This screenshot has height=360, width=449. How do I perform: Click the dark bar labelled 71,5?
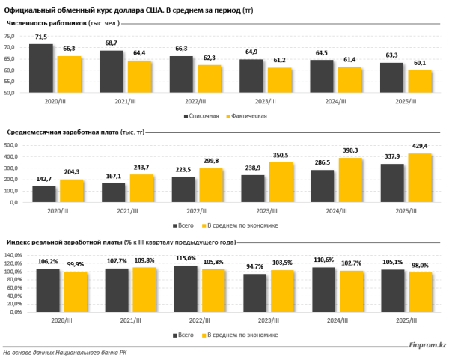(x=40, y=68)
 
